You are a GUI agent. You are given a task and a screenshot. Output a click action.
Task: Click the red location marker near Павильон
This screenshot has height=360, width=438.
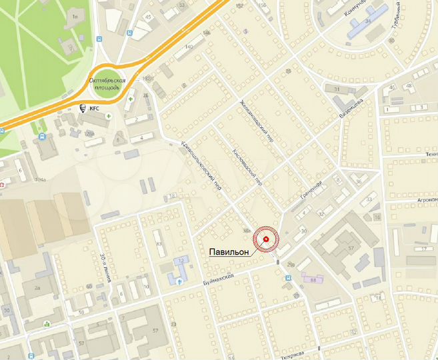[x=267, y=239]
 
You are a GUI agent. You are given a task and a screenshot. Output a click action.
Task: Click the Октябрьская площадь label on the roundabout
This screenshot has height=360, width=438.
[x=105, y=83]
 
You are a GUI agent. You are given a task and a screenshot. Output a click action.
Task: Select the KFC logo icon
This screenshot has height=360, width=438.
[x=84, y=108]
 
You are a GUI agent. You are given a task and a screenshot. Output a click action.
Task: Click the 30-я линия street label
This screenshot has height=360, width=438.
[x=104, y=266]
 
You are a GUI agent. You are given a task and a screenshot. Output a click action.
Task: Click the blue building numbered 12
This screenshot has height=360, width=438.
[x=182, y=261]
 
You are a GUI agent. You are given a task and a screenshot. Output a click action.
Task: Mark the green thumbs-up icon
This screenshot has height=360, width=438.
[x=47, y=325]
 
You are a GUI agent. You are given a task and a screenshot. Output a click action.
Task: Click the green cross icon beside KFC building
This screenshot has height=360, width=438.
[x=108, y=115]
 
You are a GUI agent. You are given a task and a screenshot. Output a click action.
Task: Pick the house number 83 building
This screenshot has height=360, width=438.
[x=159, y=243]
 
